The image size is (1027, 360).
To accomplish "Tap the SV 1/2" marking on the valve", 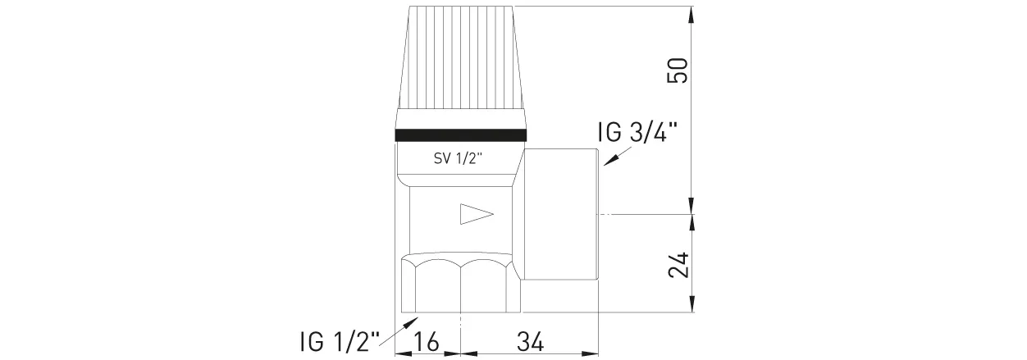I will point(459,159).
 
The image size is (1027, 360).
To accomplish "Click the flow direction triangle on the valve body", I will point(476,215).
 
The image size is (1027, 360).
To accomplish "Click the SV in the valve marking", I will point(441,159).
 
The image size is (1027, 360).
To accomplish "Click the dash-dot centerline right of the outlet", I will point(648,213).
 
